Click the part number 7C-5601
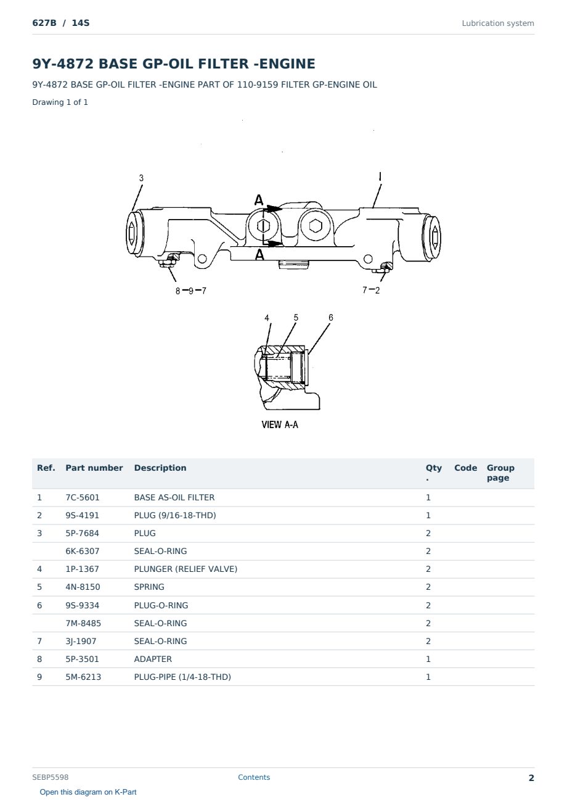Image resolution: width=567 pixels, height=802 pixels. [82, 497]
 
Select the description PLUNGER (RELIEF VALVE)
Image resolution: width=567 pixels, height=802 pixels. [186, 569]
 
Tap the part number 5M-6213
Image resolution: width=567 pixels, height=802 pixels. [83, 677]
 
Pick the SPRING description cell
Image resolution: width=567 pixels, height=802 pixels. [149, 587]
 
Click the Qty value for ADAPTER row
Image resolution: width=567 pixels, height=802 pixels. [428, 659]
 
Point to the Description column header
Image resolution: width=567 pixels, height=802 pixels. [160, 468]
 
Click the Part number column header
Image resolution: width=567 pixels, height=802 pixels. [94, 468]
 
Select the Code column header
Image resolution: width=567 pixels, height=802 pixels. [465, 468]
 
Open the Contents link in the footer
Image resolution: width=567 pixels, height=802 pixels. [254, 777]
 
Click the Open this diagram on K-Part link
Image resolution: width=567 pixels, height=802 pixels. [88, 792]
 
